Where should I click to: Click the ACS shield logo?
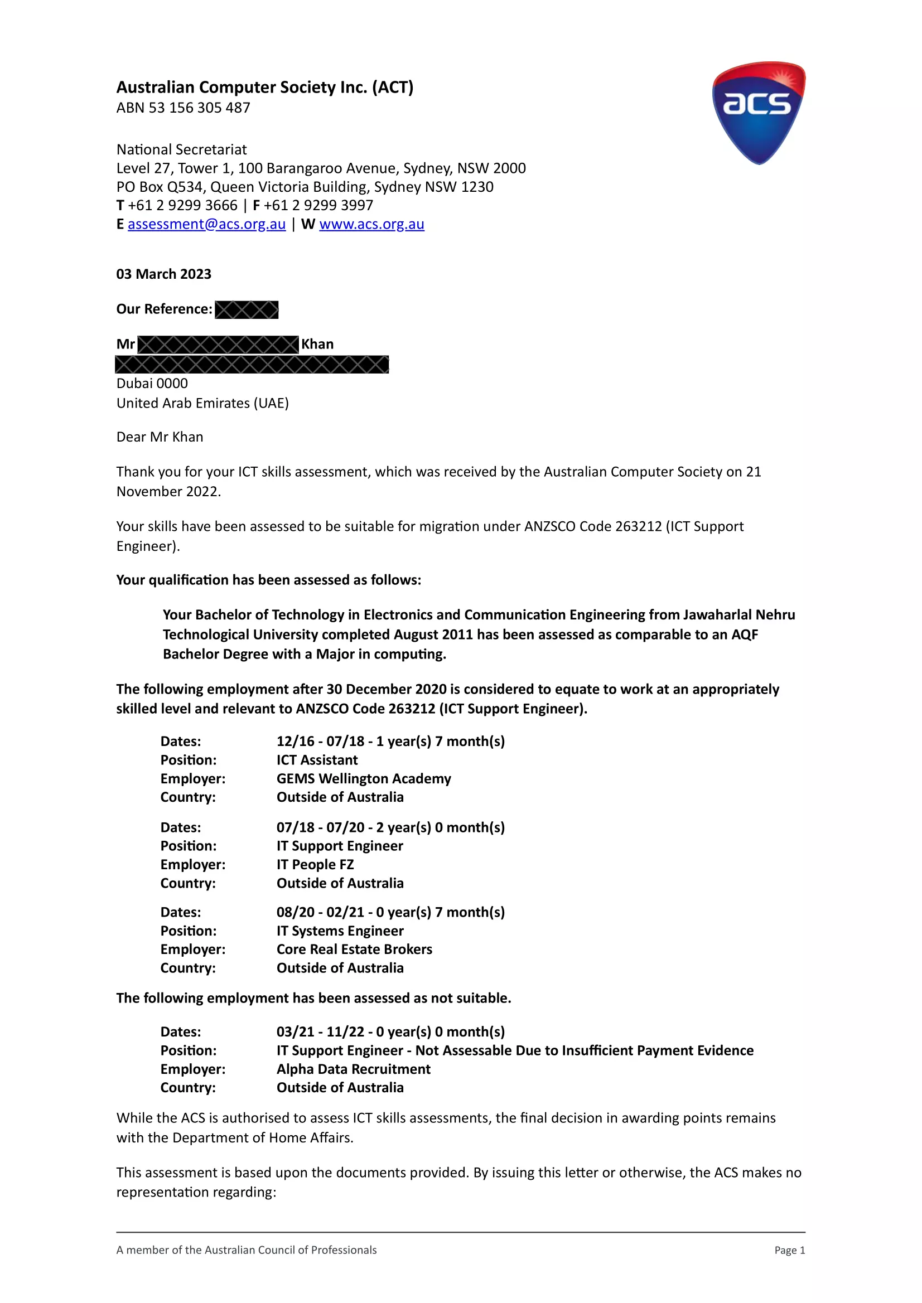759,113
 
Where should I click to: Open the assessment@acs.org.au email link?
206,224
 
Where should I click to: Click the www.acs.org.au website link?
371,224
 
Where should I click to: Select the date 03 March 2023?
163,274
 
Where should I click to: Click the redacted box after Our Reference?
247,310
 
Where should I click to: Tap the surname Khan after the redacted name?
317,345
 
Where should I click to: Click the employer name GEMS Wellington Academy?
363,778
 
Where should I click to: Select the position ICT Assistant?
317,760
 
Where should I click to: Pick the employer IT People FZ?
315,864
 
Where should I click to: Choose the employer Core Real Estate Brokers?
354,950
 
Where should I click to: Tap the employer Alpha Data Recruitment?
353,1069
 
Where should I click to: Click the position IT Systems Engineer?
340,931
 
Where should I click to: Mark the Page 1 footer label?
789,1250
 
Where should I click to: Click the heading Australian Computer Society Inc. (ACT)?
264,88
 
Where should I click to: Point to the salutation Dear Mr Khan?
160,437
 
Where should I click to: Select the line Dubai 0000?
152,384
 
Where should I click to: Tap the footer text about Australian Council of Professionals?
247,1250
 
